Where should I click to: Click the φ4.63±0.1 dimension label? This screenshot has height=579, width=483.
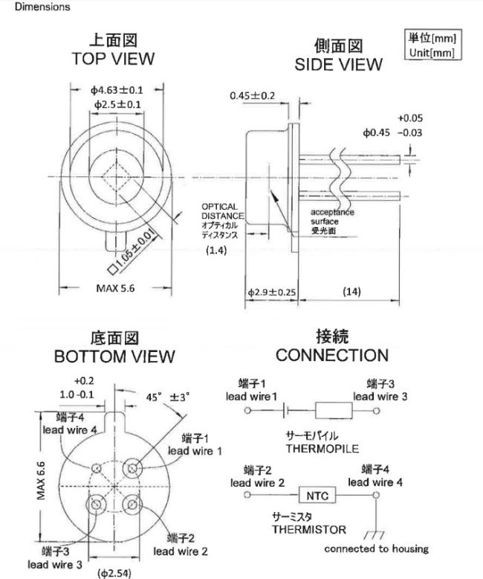coord(117,90)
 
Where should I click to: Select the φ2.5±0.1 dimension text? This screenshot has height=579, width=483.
coord(117,104)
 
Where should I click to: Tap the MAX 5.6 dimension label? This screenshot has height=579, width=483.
coord(115,288)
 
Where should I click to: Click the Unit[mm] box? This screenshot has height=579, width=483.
coord(433,45)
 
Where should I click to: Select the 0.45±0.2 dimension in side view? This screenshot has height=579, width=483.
coord(253,96)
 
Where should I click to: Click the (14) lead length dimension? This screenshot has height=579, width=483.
coord(351,291)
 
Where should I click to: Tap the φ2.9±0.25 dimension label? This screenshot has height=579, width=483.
coord(272,292)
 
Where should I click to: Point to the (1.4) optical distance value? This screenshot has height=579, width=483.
coord(216,250)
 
